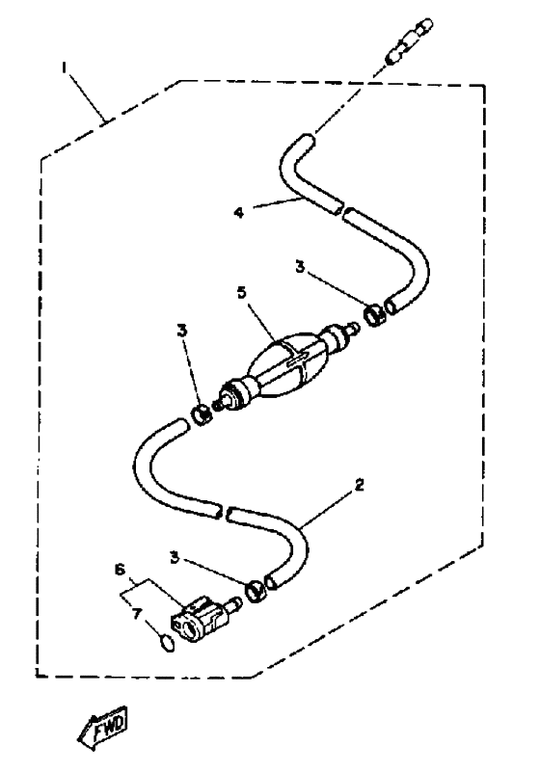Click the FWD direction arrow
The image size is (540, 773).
coord(102,727)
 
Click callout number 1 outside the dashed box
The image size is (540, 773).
coord(64,68)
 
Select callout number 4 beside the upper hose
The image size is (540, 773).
coord(239,213)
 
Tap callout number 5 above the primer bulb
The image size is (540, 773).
coord(241,292)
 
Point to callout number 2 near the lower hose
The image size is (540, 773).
coord(360,485)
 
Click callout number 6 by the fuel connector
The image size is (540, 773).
coord(119,570)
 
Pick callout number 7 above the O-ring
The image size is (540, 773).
coord(137,613)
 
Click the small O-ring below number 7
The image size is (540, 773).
coord(167,643)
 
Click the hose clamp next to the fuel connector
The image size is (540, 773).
coord(256,591)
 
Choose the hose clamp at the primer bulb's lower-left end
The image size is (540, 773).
coord(202,415)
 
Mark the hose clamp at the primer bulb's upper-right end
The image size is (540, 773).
coord(375,315)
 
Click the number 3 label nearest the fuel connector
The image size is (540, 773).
coord(175,558)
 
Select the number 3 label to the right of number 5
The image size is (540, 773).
coord(300,267)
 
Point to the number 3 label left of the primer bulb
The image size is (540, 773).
coord(182,331)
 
